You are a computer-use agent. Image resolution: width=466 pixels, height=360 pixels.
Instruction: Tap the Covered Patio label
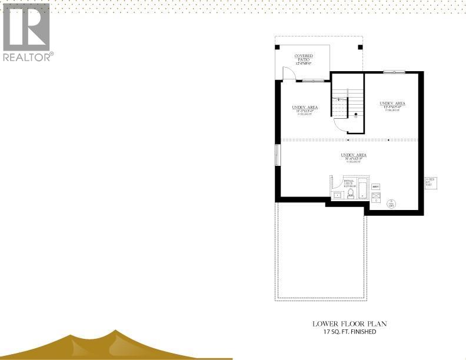[x=304, y=59]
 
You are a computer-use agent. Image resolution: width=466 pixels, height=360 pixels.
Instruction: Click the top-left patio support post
[x=278, y=47]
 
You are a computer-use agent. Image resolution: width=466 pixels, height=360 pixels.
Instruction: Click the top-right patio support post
[x=360, y=47]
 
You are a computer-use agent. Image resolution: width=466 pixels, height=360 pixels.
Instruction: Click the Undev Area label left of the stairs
[x=305, y=109]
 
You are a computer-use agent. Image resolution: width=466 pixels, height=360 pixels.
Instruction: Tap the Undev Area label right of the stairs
[x=392, y=105]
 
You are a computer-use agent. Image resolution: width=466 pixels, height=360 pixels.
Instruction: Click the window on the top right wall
[x=394, y=72]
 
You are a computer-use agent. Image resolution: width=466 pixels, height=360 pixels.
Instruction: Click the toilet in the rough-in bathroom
[x=351, y=194]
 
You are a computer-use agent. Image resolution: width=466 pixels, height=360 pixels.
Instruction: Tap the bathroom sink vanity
[x=338, y=195]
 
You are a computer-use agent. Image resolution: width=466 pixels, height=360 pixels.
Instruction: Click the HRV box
[x=376, y=187]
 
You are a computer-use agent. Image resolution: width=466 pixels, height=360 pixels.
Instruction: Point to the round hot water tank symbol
[x=391, y=204]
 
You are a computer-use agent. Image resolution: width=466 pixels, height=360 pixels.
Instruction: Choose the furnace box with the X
[x=376, y=197]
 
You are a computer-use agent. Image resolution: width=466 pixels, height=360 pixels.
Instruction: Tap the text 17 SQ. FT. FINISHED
[x=349, y=332]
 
